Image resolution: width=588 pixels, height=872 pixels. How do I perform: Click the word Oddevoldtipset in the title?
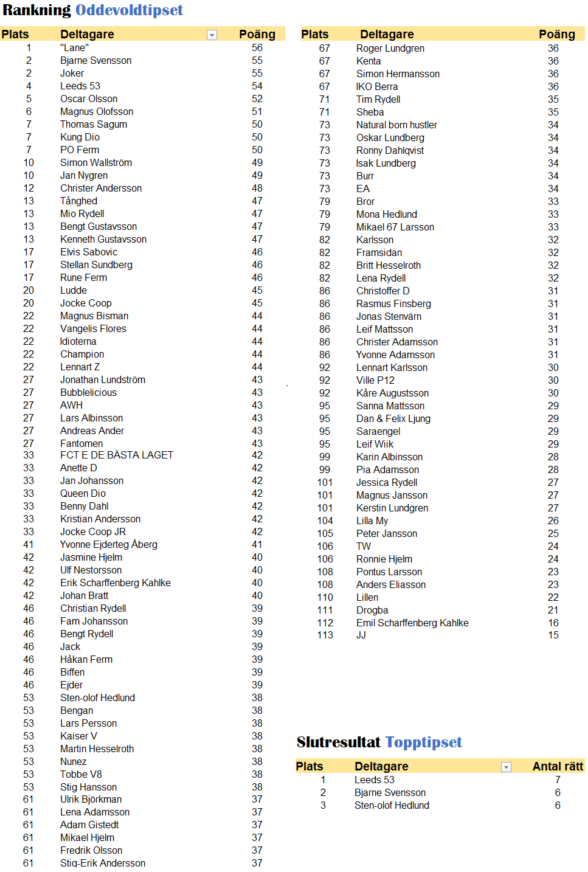point(129,10)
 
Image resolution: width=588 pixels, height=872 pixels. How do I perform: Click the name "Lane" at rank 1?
point(74,47)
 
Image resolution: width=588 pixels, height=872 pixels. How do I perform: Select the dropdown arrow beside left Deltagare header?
point(212,35)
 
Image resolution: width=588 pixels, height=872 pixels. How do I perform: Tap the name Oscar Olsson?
point(89,99)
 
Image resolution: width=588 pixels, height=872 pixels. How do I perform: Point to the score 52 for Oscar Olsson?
point(257,99)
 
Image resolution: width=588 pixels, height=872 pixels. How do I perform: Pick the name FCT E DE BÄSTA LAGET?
point(117,455)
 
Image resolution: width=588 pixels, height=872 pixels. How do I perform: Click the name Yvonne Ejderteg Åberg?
point(109,544)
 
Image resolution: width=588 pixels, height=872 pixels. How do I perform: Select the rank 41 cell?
point(29,544)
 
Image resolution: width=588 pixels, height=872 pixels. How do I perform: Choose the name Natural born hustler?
point(396,125)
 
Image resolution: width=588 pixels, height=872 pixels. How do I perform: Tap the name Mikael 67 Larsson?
point(395,227)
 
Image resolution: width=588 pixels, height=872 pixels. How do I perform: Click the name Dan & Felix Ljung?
point(393,418)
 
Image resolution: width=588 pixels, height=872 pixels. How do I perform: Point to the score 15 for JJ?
point(553,635)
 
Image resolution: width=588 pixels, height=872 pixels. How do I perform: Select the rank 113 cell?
point(325,635)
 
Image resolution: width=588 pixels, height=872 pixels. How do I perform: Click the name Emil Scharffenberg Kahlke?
point(412,623)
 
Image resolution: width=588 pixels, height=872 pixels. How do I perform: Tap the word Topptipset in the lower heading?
point(424,742)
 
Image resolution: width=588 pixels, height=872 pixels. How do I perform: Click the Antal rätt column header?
point(557,766)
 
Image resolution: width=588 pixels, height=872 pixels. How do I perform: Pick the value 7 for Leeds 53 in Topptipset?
point(558,780)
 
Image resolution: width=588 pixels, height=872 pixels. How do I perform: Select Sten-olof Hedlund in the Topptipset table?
point(392,805)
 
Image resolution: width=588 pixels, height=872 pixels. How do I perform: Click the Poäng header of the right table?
point(556,34)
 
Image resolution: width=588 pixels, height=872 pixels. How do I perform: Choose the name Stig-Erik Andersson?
point(103,863)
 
